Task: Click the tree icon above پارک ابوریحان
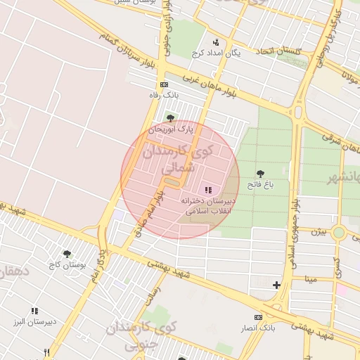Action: (x=169, y=118)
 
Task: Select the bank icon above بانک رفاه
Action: (x=164, y=84)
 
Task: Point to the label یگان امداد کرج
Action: (x=217, y=53)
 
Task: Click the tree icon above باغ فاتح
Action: (x=260, y=173)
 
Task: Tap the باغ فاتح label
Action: (x=260, y=184)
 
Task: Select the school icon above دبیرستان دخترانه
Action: (x=207, y=190)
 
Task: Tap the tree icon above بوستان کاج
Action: (x=67, y=254)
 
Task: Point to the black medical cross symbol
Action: (x=276, y=285)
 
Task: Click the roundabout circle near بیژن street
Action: (x=339, y=232)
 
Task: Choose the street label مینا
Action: (x=311, y=278)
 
